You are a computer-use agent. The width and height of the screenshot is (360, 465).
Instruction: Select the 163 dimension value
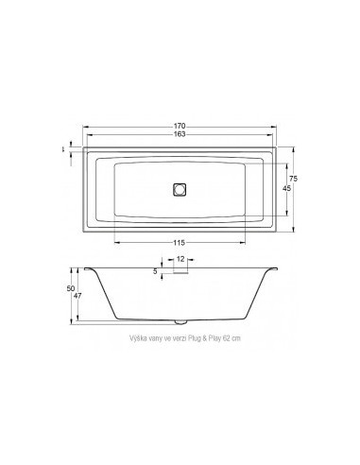pyautogui.click(x=179, y=134)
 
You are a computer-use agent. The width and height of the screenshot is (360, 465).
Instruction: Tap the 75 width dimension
pyautogui.click(x=295, y=179)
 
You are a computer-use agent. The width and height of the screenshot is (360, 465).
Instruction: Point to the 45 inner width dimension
pyautogui.click(x=286, y=189)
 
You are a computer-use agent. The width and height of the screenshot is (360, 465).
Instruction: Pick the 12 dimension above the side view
pyautogui.click(x=180, y=258)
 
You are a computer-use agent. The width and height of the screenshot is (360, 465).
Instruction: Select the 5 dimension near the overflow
pyautogui.click(x=156, y=271)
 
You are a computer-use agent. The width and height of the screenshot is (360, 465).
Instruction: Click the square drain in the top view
pyautogui.click(x=180, y=188)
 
